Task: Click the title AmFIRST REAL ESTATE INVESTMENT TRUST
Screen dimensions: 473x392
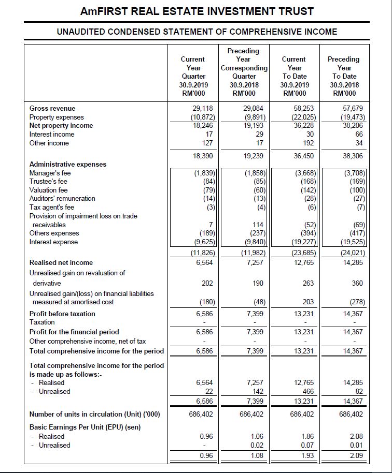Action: click(x=197, y=11)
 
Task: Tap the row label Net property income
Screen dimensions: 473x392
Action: click(x=61, y=126)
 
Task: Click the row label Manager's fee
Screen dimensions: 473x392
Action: click(x=50, y=173)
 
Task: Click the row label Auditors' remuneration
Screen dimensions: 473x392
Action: click(x=62, y=199)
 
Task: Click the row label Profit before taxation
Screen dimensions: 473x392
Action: click(x=62, y=314)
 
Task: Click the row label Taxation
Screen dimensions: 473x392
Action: click(x=42, y=322)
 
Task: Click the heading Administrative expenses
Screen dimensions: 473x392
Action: click(x=68, y=165)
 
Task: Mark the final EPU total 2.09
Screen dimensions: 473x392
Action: click(x=356, y=456)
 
